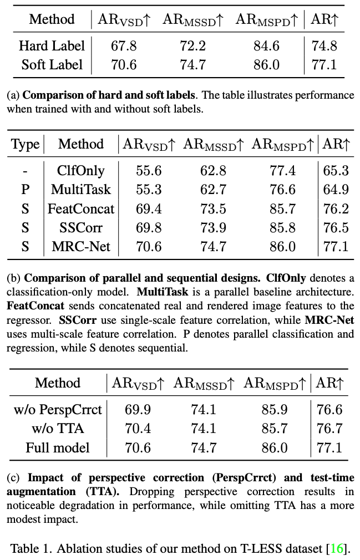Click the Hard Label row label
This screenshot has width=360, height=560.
(52, 45)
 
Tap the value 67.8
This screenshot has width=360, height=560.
(124, 45)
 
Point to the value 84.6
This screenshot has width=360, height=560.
(266, 45)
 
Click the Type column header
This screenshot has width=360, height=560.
(26, 145)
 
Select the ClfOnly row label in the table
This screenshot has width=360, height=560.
(80, 170)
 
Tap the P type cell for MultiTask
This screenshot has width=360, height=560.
(26, 189)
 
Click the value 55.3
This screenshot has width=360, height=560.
(149, 189)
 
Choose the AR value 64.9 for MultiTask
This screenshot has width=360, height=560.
(336, 189)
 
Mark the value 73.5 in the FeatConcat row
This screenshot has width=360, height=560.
(213, 208)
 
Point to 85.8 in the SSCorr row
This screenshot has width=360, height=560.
(283, 227)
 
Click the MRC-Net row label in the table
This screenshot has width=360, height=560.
(80, 246)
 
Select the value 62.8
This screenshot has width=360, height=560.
(213, 170)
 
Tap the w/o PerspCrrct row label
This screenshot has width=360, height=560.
(58, 409)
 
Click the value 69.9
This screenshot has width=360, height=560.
(138, 409)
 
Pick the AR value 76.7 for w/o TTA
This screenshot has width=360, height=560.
(329, 428)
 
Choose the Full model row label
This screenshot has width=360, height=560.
(58, 447)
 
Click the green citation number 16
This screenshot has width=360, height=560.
(337, 549)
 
